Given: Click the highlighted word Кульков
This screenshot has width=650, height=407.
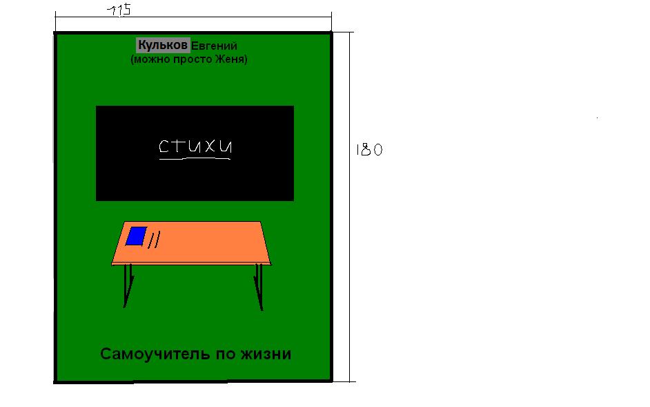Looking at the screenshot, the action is pyautogui.click(x=163, y=45).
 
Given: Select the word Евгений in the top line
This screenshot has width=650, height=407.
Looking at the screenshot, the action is pyautogui.click(x=214, y=46).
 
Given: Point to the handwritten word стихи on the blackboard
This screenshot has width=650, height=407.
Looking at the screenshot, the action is pyautogui.click(x=195, y=146).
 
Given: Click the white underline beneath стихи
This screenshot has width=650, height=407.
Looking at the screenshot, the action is pyautogui.click(x=195, y=158).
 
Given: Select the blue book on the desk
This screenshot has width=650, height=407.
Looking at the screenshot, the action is pyautogui.click(x=137, y=236).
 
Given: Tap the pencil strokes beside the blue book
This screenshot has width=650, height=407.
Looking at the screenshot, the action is pyautogui.click(x=154, y=240).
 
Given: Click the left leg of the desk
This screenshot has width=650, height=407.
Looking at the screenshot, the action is pyautogui.click(x=128, y=285).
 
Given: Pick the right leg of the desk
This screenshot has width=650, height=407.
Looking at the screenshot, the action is pyautogui.click(x=259, y=287).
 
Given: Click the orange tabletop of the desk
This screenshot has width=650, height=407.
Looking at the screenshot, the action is pyautogui.click(x=191, y=243).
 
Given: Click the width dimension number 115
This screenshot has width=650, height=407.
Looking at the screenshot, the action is pyautogui.click(x=119, y=10).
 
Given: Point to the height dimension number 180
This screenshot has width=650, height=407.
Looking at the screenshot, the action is pyautogui.click(x=369, y=149).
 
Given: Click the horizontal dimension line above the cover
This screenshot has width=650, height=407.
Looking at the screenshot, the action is pyautogui.click(x=193, y=17).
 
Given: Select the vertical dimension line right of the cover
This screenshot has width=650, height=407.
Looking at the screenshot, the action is pyautogui.click(x=349, y=207).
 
